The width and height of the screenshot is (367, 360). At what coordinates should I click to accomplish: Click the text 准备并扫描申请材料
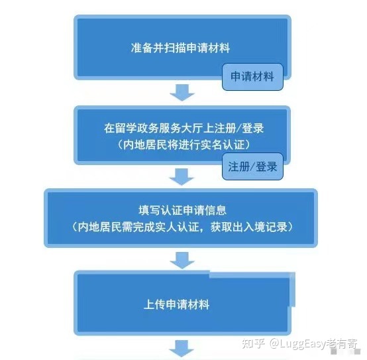coord(180,48)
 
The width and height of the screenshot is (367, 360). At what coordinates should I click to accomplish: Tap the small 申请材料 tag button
coord(252,77)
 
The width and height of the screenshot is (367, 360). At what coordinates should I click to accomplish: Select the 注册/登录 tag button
coord(252,166)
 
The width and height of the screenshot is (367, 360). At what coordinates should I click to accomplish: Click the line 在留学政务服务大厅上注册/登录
coord(184,129)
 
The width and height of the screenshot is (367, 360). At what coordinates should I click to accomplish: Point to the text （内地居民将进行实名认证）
coord(184,145)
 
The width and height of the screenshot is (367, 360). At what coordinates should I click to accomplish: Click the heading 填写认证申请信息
coord(183,210)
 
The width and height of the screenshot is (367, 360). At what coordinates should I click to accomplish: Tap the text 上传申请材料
coord(176,304)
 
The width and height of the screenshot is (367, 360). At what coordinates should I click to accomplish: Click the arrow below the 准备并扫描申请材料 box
coord(182,93)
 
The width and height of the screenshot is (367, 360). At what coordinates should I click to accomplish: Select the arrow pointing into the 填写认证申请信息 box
coord(182,177)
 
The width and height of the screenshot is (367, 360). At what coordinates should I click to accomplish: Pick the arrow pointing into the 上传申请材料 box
coord(182,261)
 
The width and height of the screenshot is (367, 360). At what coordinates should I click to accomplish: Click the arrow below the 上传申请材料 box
coord(182,349)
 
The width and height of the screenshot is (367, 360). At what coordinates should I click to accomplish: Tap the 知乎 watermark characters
coord(253,343)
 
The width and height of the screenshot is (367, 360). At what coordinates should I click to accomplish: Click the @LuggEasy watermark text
coord(297,344)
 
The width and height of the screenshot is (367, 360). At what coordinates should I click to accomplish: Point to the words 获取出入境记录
coord(249,227)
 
